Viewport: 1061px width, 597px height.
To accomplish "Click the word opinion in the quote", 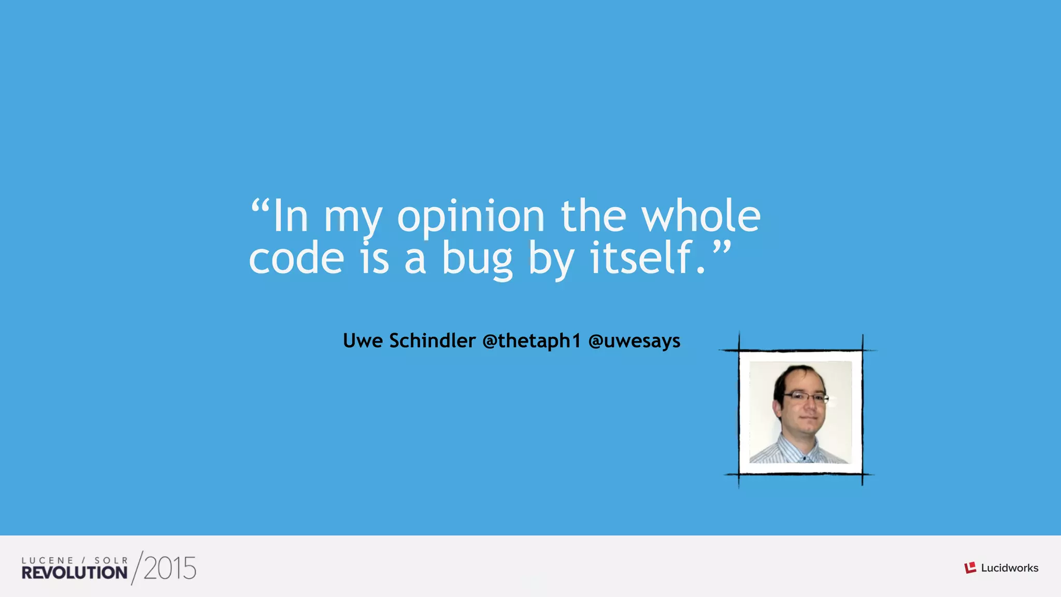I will (x=470, y=217).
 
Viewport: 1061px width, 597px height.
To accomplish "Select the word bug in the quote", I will (x=477, y=259).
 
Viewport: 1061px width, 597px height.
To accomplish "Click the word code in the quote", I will (x=296, y=259).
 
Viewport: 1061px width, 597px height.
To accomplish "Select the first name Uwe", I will (x=363, y=341).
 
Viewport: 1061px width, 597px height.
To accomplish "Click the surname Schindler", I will (x=433, y=341).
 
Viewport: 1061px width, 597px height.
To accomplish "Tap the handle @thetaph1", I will (x=532, y=341).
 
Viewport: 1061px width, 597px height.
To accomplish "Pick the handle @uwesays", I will (x=634, y=341).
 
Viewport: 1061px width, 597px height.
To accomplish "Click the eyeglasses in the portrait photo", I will (x=806, y=398).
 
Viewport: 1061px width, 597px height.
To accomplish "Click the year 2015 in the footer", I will (x=170, y=569).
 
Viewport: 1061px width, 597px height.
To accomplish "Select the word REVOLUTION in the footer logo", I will (x=75, y=573).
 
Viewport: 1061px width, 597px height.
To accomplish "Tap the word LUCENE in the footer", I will (x=48, y=560).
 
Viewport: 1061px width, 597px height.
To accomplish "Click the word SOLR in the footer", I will (x=111, y=560).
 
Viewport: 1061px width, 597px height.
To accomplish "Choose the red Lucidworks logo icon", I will (x=970, y=568).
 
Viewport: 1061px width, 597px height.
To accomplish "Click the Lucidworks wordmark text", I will (x=1010, y=568).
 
